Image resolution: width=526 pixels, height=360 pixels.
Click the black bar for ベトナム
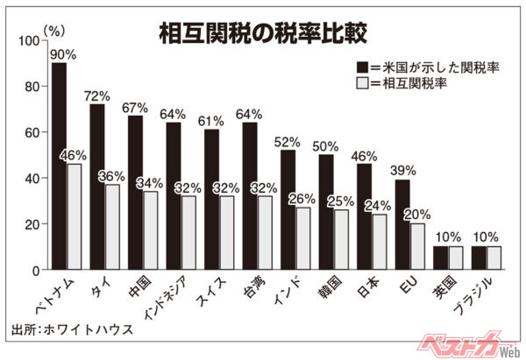(x=59, y=166)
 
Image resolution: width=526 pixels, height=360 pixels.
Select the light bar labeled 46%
(x=75, y=216)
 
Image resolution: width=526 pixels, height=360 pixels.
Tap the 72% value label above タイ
(x=97, y=94)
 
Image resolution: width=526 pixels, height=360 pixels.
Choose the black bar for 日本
(x=364, y=216)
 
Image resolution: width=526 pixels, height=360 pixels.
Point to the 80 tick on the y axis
(x=32, y=86)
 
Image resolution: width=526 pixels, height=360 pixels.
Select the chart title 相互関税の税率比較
(x=263, y=33)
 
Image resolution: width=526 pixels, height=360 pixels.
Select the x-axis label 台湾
(x=249, y=287)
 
